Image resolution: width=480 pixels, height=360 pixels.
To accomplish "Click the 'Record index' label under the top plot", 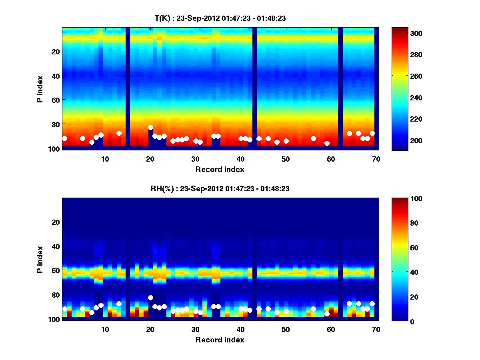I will (220, 169).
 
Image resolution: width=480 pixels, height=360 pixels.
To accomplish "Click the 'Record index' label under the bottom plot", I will (220, 340).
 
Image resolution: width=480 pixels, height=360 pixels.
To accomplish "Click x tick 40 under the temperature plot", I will (240, 159).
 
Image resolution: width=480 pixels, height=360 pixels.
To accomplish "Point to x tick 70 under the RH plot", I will (376, 329).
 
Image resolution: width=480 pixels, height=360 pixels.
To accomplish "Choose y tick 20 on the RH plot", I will (56, 222).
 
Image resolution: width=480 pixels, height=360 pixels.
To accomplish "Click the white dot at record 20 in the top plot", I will (150, 127).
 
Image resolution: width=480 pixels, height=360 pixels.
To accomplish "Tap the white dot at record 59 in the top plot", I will (327, 143).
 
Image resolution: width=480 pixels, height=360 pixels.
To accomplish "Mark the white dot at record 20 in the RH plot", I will (150, 298).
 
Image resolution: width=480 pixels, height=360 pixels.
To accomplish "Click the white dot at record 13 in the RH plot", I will (119, 304).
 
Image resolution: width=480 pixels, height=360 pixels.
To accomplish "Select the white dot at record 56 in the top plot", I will (313, 138).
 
